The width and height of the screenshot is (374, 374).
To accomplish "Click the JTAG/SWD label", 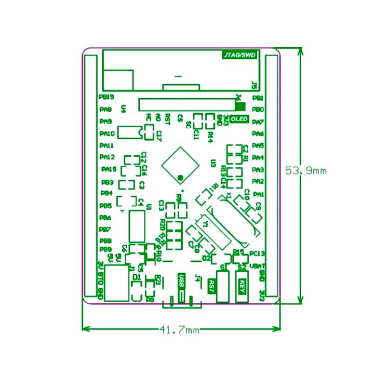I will (240, 55).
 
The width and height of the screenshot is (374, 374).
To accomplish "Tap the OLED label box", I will (239, 119).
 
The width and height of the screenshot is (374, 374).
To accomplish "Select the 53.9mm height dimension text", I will (306, 170).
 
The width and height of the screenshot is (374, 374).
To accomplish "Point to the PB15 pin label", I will (106, 97).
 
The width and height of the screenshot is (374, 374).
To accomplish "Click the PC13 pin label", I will (258, 253).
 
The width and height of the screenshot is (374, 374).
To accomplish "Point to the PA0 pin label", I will (158, 119).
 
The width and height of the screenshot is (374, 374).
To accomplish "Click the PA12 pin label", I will (106, 157).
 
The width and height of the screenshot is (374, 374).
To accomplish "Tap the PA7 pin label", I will (258, 122).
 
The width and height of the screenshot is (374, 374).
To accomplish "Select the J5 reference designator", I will (253, 85).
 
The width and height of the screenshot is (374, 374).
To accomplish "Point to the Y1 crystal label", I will (206, 224).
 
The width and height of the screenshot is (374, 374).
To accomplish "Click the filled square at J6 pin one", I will (240, 105).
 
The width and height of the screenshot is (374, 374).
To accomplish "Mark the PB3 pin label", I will (107, 182).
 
